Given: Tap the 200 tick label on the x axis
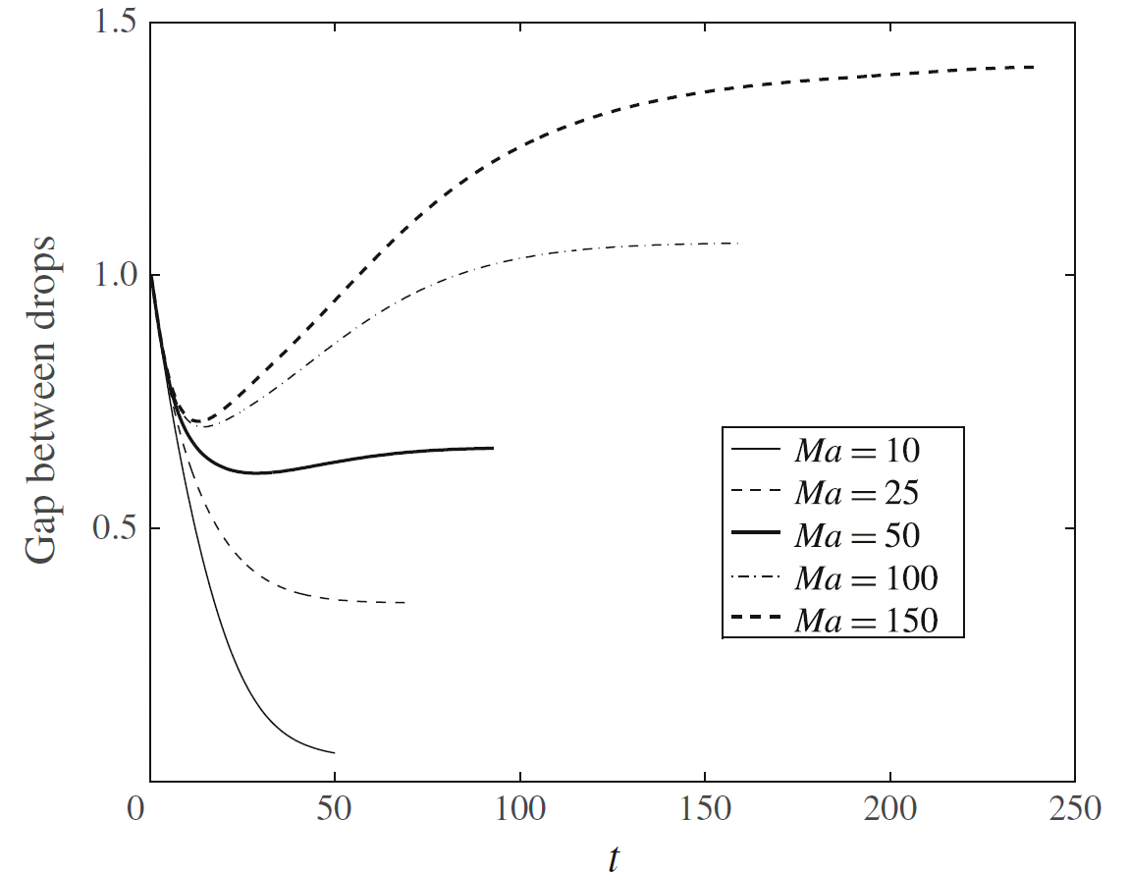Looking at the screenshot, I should (x=891, y=810).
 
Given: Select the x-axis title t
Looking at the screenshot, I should (x=614, y=856).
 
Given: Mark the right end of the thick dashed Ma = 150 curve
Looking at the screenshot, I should (x=1034, y=67).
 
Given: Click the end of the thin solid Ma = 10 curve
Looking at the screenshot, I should (x=335, y=753).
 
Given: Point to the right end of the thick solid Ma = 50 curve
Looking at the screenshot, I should (x=493, y=448).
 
